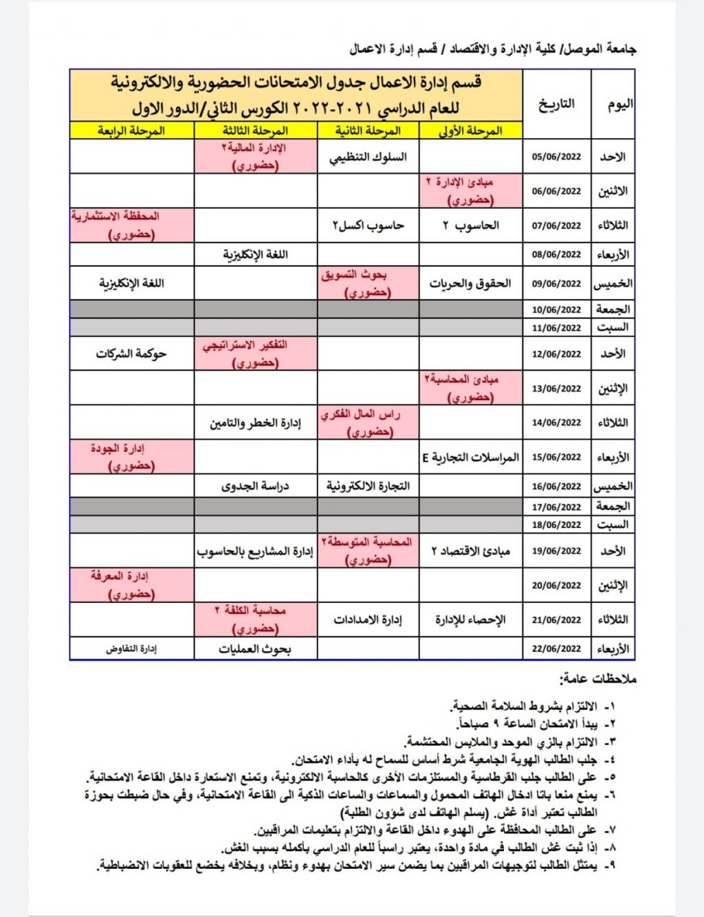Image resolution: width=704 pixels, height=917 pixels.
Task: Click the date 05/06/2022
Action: click(556, 157)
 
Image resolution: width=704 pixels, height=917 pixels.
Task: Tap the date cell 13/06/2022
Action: click(556, 388)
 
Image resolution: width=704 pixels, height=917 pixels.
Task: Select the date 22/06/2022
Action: click(556, 648)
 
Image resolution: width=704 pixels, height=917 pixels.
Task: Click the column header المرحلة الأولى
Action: click(470, 131)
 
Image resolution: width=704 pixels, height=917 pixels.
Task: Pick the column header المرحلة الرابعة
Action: click(131, 131)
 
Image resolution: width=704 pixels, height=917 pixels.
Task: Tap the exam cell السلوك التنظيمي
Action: click(368, 157)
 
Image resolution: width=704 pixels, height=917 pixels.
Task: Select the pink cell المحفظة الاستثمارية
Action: click(131, 225)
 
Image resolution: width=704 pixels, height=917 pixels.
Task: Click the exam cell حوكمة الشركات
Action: click(131, 354)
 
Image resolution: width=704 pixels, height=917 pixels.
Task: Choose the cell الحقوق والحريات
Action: click(470, 283)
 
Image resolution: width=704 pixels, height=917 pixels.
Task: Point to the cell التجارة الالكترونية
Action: click(368, 486)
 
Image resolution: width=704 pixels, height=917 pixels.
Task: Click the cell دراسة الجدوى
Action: click(255, 486)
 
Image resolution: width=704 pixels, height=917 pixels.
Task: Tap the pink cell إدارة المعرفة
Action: click(131, 585)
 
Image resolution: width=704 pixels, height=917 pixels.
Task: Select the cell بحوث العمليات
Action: click(255, 648)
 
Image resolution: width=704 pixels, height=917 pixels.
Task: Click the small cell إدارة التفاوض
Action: click(131, 648)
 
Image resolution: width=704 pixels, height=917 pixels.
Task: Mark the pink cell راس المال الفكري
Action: click(368, 423)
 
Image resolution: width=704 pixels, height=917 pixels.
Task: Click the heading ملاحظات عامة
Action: click(598, 679)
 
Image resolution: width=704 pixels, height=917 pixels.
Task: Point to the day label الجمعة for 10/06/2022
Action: click(613, 309)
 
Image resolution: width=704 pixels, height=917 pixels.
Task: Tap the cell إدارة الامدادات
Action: click(368, 619)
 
